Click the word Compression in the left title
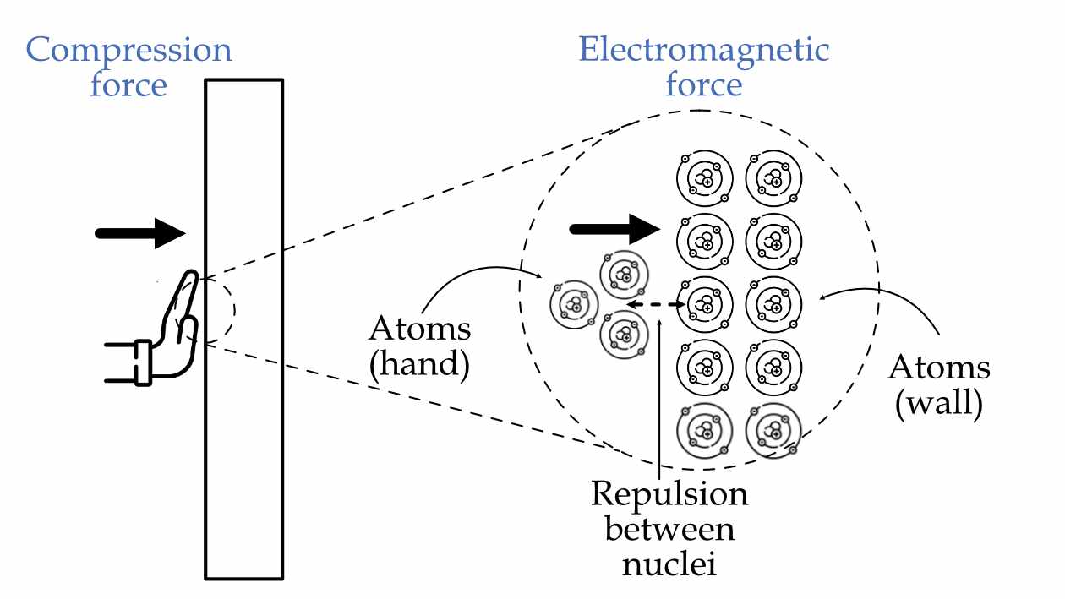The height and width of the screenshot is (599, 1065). point(129,50)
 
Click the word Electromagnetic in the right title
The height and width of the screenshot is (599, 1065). point(703,50)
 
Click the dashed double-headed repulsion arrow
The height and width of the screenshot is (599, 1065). point(656,304)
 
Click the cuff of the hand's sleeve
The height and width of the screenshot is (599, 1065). point(142,362)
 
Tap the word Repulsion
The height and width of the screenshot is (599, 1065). point(669,494)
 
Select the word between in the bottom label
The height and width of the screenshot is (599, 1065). point(669,529)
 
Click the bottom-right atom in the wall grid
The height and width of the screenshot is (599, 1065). point(773,430)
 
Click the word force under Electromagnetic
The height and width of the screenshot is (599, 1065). point(703,85)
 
